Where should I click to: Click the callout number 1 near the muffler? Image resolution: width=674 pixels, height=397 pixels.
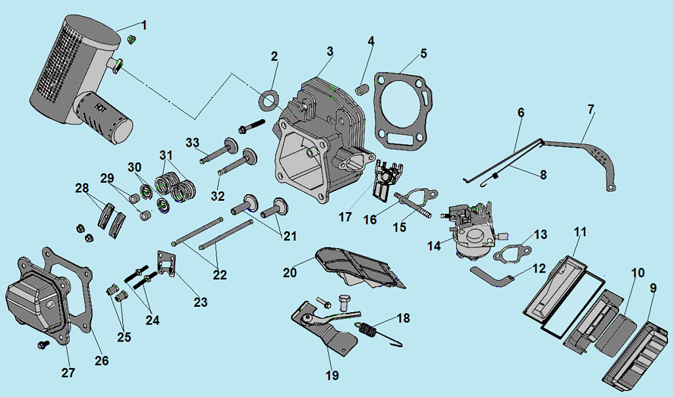(x=145, y=26)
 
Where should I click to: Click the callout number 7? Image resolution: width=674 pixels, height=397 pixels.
(x=591, y=109)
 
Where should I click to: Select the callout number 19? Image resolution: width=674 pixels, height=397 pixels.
(x=332, y=375)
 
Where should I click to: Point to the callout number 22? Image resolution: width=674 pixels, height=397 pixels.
(x=219, y=274)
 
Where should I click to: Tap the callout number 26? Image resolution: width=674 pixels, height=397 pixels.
(x=101, y=360)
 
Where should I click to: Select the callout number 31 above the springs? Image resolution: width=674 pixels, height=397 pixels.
(x=164, y=155)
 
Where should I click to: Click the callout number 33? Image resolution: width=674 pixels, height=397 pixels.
(x=192, y=142)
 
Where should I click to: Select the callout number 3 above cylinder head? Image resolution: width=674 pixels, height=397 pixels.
(x=330, y=51)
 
